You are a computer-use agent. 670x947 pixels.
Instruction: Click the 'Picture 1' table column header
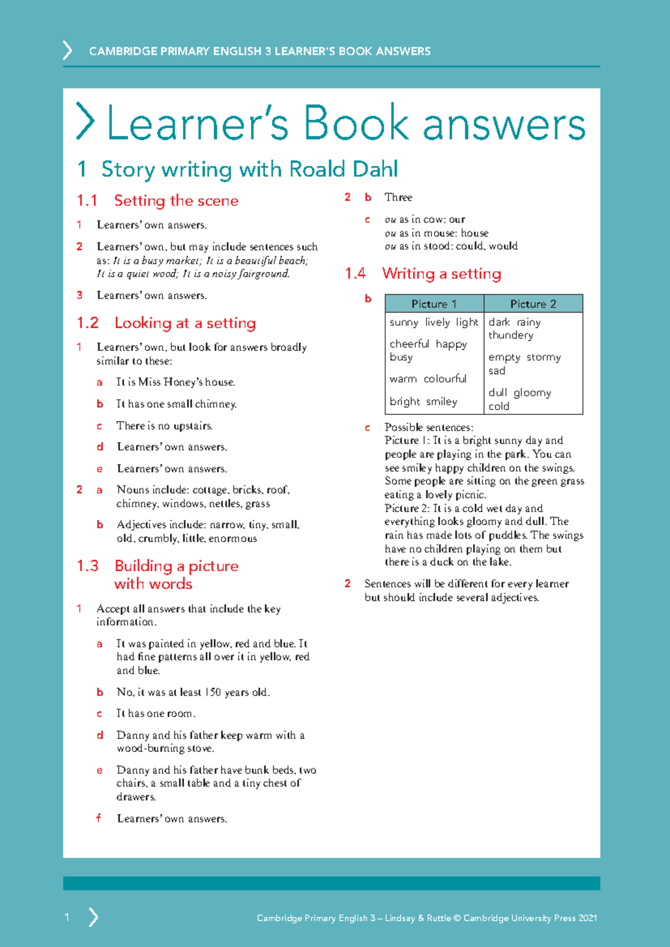tap(434, 304)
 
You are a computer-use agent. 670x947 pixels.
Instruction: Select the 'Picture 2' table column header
tap(533, 304)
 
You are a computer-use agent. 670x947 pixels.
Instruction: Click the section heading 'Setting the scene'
tap(176, 200)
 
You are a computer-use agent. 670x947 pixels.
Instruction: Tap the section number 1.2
tap(88, 323)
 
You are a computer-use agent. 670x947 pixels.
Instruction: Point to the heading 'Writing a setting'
tap(441, 274)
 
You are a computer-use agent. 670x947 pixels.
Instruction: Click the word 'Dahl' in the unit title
tap(374, 169)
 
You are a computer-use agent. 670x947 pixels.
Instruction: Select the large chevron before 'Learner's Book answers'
tap(85, 121)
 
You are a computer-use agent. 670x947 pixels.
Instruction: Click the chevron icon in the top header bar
tap(68, 50)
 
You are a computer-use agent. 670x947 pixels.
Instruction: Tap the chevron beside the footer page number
tap(93, 917)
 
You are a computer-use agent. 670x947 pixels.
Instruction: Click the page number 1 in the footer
tap(67, 917)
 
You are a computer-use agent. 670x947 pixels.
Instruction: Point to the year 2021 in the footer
tap(587, 918)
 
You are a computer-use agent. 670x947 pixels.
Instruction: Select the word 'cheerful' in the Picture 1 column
tap(409, 344)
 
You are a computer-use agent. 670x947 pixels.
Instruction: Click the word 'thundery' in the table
tap(511, 335)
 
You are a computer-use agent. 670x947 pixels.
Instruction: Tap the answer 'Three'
tap(398, 197)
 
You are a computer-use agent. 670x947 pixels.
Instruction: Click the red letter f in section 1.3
tap(99, 818)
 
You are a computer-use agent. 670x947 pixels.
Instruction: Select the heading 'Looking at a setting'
tap(185, 323)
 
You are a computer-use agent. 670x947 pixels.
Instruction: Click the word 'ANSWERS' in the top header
tap(403, 51)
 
